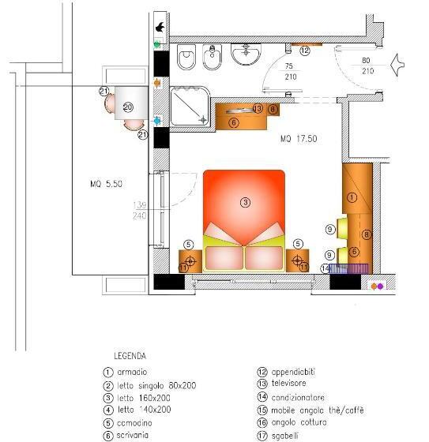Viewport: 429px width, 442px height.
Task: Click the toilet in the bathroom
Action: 187,58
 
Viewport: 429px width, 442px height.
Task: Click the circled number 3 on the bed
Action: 245,203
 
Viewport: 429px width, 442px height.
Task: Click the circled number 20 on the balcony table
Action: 128,107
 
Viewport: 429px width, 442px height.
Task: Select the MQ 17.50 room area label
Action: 299,138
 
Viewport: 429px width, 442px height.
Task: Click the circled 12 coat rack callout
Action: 305,48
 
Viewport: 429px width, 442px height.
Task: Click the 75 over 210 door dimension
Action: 290,72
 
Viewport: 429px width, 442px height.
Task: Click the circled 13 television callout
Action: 258,109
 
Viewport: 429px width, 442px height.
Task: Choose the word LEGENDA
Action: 130,356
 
